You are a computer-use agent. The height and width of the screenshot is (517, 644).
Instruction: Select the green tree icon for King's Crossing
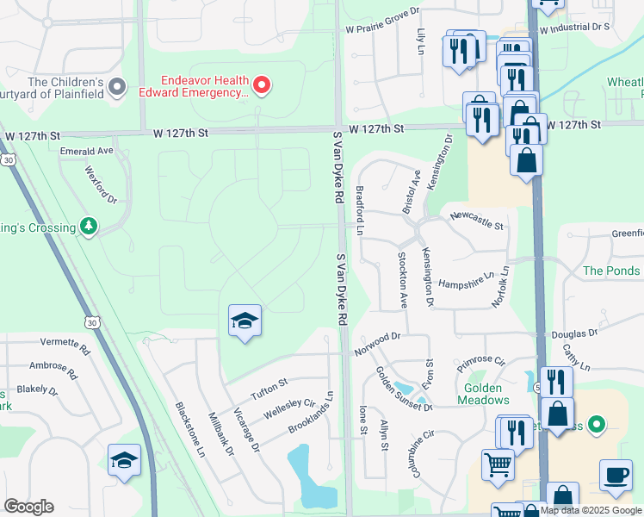[x=88, y=226]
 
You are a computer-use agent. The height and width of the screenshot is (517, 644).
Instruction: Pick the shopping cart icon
[x=498, y=466]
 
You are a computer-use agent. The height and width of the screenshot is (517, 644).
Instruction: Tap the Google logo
[x=28, y=507]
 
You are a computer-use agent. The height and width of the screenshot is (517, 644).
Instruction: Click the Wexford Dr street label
[x=100, y=185]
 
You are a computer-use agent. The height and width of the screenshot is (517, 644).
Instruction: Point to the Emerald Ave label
[x=87, y=151]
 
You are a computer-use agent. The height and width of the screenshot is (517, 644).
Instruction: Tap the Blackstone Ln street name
[x=190, y=428]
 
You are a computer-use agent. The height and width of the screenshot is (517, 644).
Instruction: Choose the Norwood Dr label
[x=377, y=345]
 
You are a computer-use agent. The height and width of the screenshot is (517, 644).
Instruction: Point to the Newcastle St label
[x=476, y=219]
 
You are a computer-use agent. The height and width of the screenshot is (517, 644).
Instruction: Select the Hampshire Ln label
[x=466, y=281]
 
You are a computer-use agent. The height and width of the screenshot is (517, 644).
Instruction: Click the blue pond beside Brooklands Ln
[x=308, y=476]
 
